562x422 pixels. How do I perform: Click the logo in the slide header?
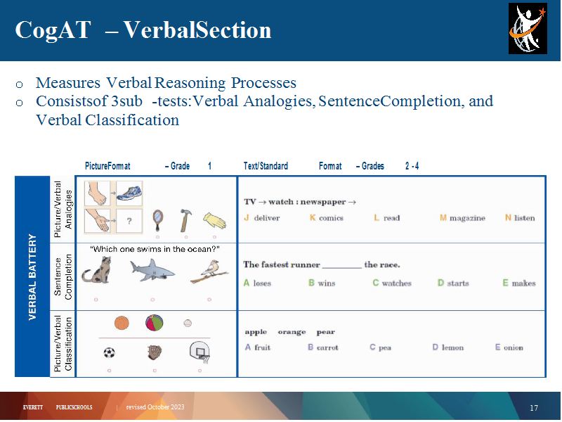tap(528, 29)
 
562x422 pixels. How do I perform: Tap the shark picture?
tap(152, 270)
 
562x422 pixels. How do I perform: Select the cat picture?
tap(97, 271)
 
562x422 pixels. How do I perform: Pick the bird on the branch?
tap(209, 271)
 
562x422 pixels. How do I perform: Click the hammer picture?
tap(185, 220)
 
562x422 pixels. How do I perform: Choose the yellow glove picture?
tap(215, 220)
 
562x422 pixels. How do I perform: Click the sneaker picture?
tap(129, 193)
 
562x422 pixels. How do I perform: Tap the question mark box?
tap(129, 221)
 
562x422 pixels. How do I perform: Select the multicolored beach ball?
tap(155, 323)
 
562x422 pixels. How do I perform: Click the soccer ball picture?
tap(110, 353)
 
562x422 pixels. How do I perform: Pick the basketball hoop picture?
tap(200, 352)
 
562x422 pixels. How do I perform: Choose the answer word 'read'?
tap(392, 218)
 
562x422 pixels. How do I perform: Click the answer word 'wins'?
tap(327, 283)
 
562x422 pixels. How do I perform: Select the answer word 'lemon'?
tap(452, 347)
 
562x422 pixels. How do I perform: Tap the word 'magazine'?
tap(467, 218)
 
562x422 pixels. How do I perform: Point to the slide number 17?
tap(534, 408)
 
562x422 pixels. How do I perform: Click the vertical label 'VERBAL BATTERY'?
tap(32, 276)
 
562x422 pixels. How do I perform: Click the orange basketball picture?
tap(122, 323)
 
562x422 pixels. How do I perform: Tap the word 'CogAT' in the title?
tap(53, 30)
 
